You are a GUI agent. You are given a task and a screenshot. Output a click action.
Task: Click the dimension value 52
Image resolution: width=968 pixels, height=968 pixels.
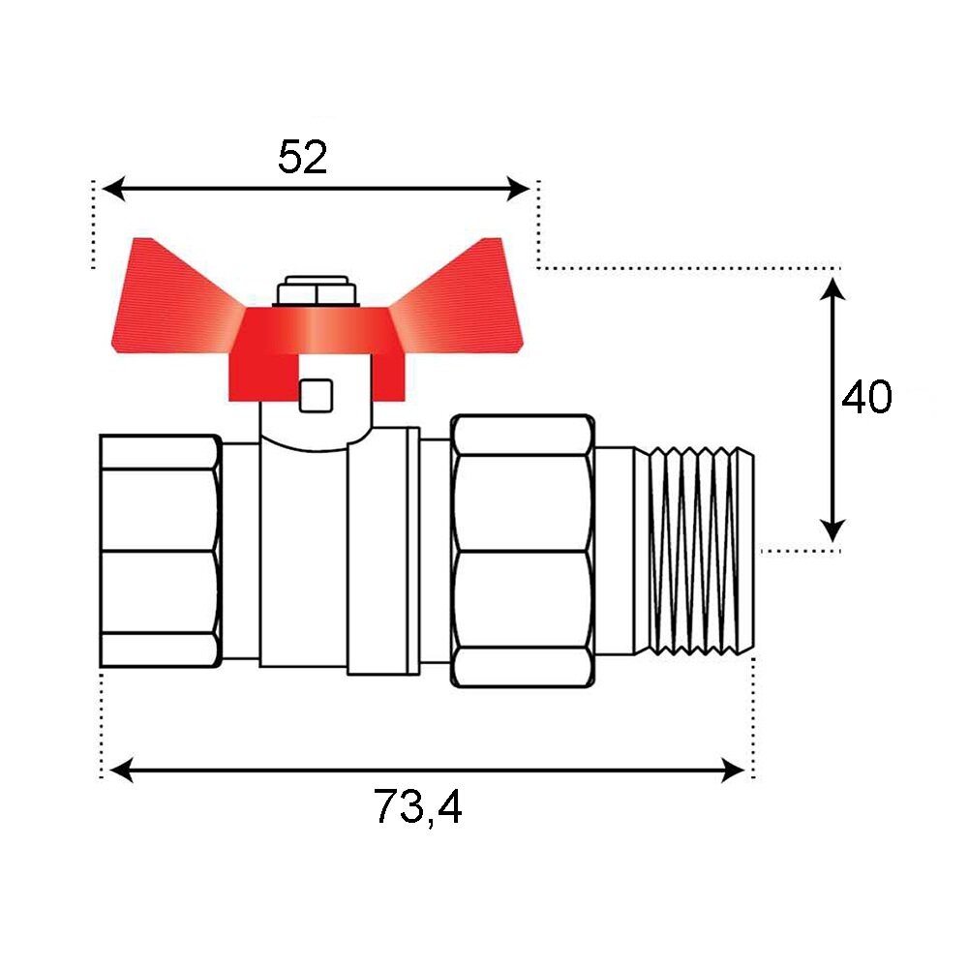[302, 157]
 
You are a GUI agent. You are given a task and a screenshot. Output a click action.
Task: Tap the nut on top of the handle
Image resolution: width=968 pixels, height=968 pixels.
[318, 290]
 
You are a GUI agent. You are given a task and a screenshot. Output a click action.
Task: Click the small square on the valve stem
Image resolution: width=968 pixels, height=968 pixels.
[317, 396]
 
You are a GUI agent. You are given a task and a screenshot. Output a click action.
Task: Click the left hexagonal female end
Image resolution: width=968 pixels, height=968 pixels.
[161, 551]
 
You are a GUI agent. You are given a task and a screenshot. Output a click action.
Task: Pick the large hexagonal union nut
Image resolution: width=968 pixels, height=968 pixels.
[523, 551]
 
